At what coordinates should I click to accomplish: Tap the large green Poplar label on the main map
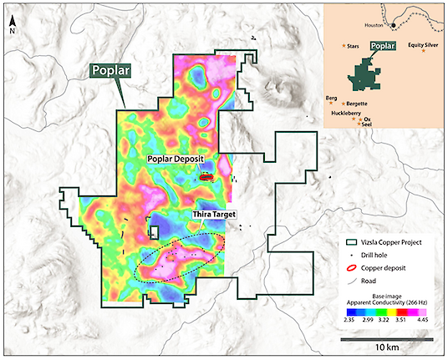click(109, 73)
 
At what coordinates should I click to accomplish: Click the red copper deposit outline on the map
click(206, 177)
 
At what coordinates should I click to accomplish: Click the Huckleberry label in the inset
click(341, 112)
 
